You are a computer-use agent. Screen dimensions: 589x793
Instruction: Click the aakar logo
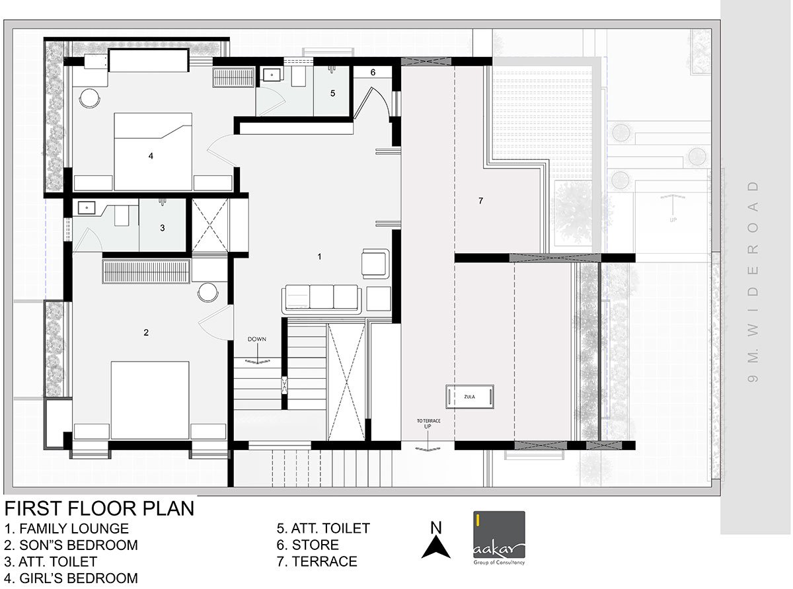499,539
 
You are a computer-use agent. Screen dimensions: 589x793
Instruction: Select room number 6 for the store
373,72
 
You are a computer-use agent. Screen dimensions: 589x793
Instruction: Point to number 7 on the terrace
480,201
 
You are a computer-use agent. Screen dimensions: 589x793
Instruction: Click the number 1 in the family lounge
320,256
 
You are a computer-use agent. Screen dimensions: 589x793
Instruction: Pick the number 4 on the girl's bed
151,156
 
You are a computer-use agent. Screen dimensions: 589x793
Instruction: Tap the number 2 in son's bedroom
146,333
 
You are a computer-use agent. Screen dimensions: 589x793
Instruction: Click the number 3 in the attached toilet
163,228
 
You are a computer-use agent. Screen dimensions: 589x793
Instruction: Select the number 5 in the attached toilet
333,94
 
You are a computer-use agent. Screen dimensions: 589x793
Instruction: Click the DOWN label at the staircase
257,339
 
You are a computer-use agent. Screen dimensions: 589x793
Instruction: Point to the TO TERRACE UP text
424,424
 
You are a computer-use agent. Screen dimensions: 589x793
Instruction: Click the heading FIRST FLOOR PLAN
99,508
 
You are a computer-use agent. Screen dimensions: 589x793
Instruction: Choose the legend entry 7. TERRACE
317,562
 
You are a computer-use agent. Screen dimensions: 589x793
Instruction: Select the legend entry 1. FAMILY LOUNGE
66,529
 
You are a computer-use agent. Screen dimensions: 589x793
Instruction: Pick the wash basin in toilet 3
86,208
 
